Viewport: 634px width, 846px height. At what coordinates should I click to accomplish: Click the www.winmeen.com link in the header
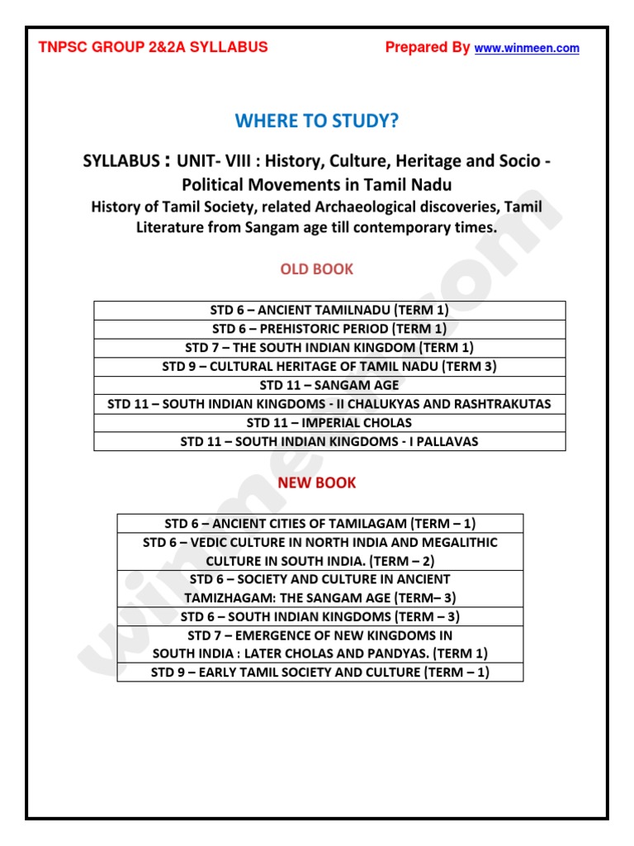(x=527, y=49)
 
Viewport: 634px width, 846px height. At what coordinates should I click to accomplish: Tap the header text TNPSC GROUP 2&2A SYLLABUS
(x=154, y=47)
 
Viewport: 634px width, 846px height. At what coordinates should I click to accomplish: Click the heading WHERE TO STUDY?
(x=317, y=121)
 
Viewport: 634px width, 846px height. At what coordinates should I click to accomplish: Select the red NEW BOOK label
(x=317, y=482)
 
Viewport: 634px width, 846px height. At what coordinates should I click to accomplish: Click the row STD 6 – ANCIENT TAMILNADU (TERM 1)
(x=329, y=311)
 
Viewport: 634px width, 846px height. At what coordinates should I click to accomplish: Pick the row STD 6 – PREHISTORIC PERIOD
(x=329, y=329)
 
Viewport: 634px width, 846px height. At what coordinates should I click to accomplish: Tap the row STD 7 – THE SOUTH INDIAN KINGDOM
(x=329, y=348)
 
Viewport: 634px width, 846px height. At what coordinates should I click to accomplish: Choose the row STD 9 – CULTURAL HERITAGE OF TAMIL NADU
(x=329, y=366)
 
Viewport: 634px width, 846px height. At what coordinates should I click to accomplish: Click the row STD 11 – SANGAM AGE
(x=329, y=385)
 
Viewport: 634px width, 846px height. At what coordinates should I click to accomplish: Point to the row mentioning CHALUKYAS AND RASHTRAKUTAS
(x=329, y=404)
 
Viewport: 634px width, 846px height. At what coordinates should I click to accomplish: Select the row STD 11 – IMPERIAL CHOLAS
(x=329, y=423)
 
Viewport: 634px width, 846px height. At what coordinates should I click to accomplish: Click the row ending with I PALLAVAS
(x=329, y=442)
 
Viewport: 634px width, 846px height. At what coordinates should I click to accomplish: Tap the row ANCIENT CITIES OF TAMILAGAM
(x=320, y=523)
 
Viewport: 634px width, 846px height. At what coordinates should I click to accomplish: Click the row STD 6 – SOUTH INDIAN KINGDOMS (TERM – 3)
(x=320, y=616)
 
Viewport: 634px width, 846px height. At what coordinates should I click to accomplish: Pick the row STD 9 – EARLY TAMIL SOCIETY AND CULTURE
(x=320, y=672)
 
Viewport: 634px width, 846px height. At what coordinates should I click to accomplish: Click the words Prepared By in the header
(x=428, y=48)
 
